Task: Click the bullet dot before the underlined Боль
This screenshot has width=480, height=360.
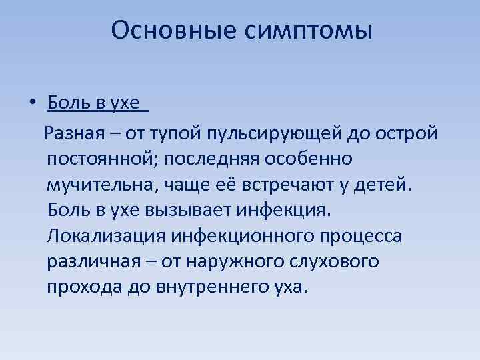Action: [31, 104]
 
